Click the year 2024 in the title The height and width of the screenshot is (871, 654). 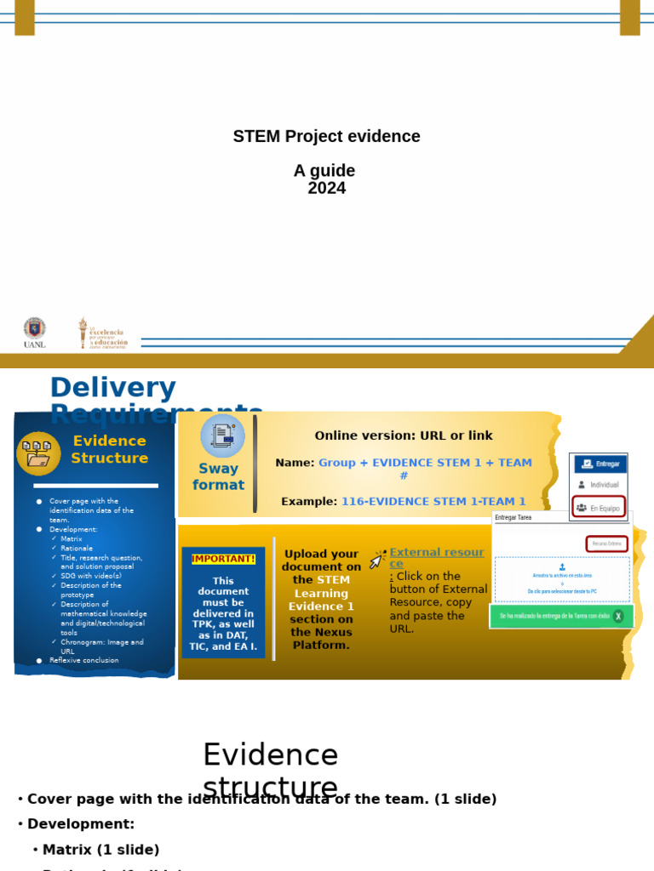326,188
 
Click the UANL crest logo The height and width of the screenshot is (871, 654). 35,328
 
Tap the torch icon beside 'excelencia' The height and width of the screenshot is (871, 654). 83,333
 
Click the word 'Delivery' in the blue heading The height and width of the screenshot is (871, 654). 112,388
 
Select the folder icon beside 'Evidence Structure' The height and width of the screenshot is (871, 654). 38,453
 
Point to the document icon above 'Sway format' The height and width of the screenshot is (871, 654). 222,435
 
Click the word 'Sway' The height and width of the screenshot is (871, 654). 218,469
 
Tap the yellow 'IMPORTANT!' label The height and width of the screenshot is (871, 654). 223,559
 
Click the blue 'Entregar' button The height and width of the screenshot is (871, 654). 600,464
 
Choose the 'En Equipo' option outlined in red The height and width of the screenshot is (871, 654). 599,507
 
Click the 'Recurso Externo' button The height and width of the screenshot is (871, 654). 606,544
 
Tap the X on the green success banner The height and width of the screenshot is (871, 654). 618,616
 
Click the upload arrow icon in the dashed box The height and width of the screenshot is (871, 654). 562,566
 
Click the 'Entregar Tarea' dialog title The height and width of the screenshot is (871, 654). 513,517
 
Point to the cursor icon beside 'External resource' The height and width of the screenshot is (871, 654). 377,560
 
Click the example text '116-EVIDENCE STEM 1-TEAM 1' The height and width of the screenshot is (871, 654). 433,502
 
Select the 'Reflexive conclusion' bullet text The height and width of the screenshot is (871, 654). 83,660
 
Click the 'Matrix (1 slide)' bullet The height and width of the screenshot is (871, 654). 100,850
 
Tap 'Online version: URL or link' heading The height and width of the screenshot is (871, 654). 404,435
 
